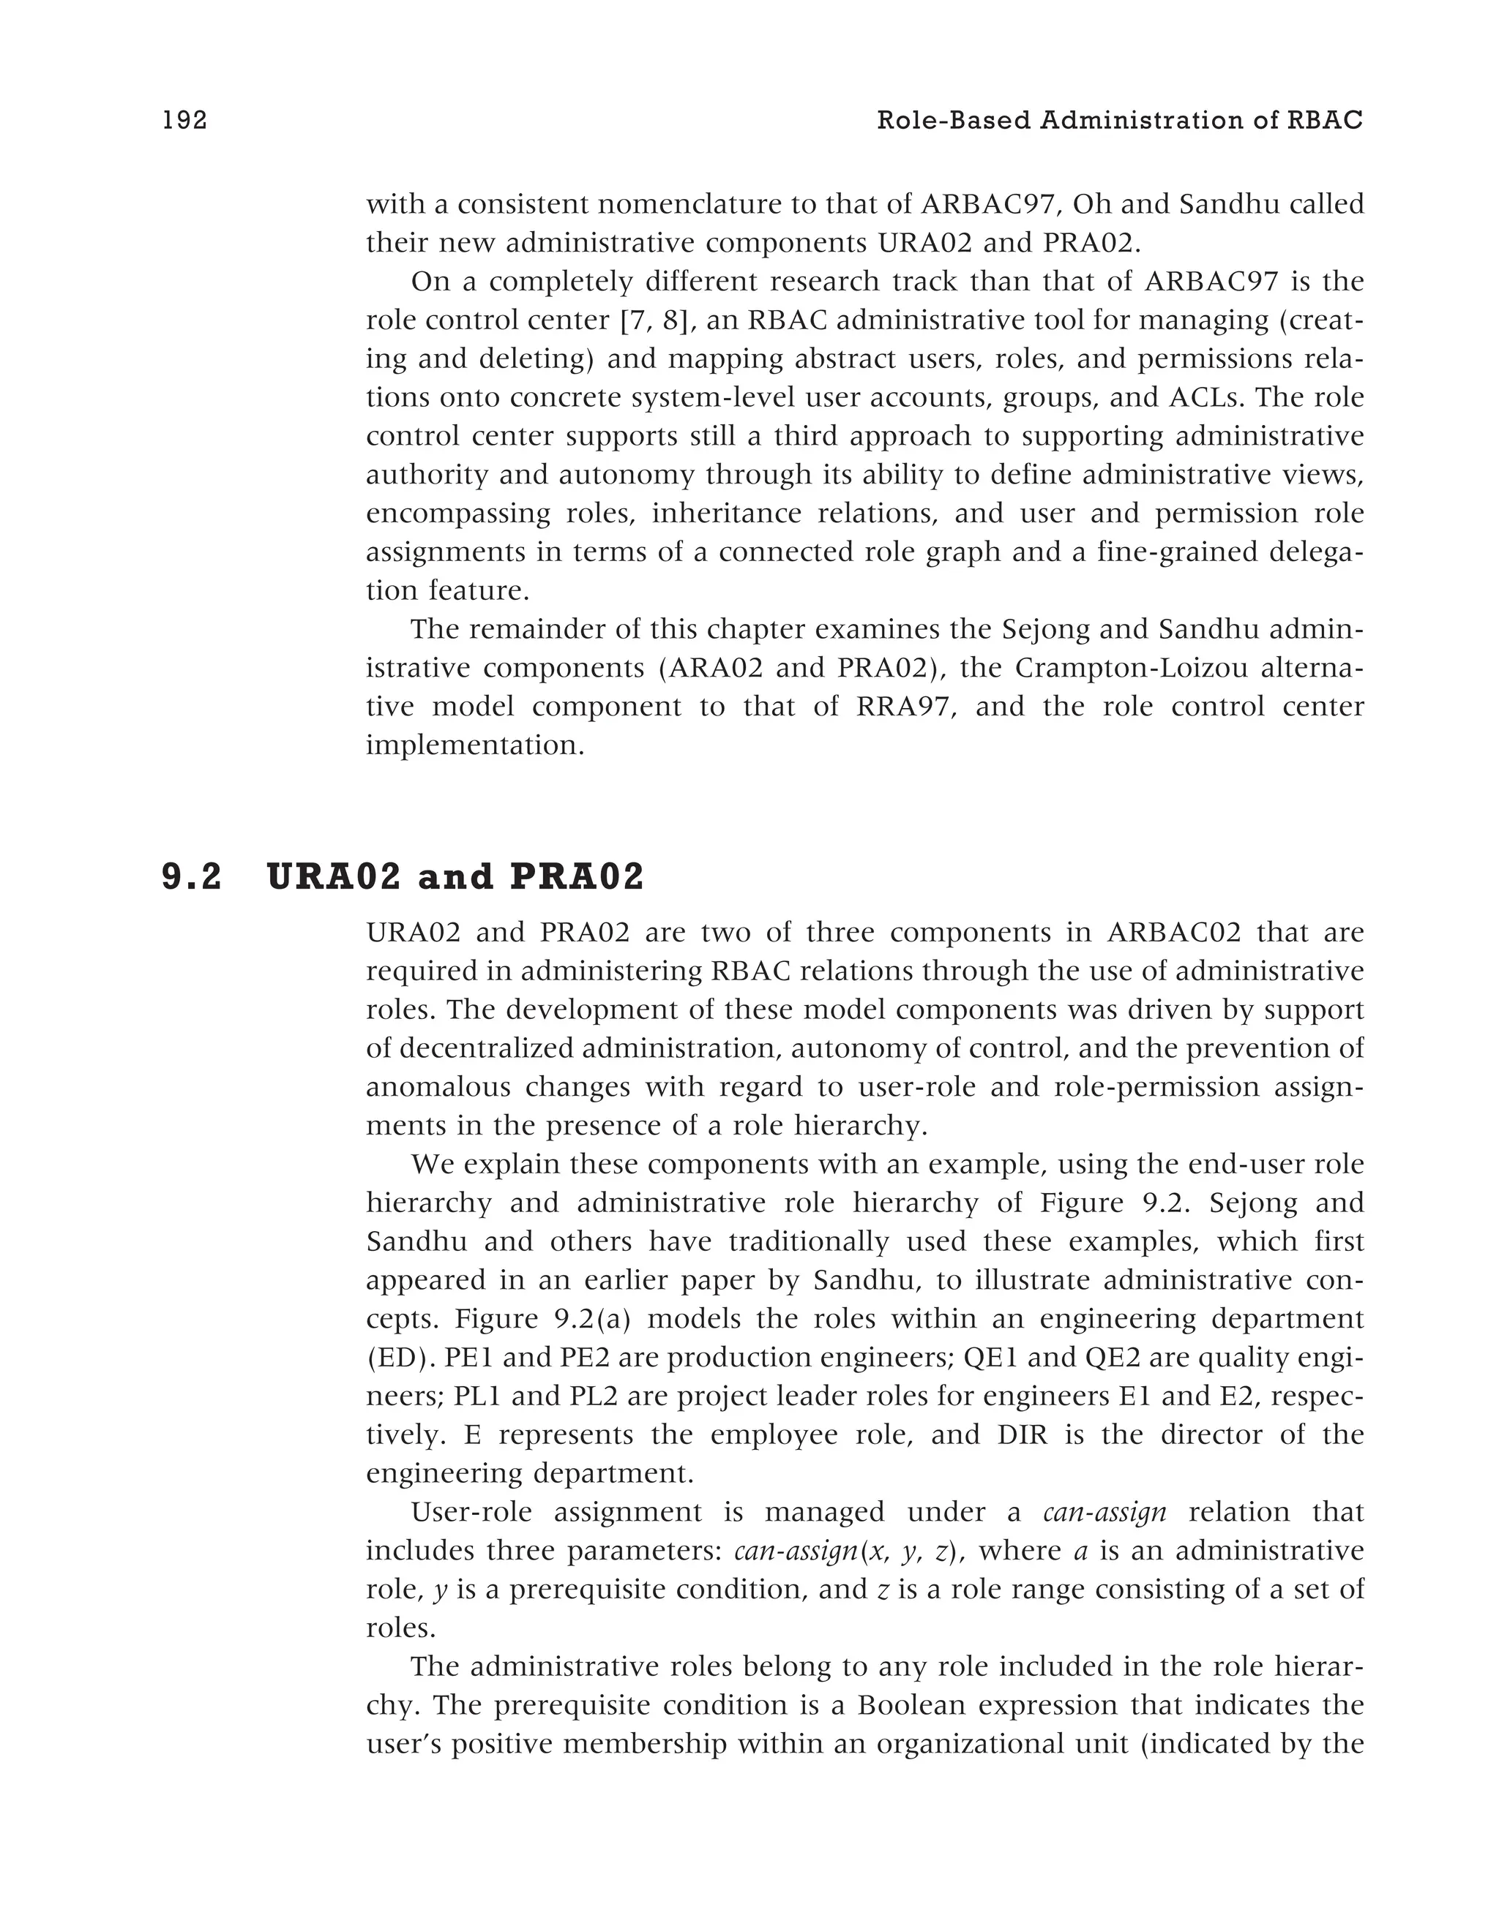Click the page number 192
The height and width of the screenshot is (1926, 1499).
coord(184,121)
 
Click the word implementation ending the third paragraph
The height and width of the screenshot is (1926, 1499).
coord(475,746)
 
